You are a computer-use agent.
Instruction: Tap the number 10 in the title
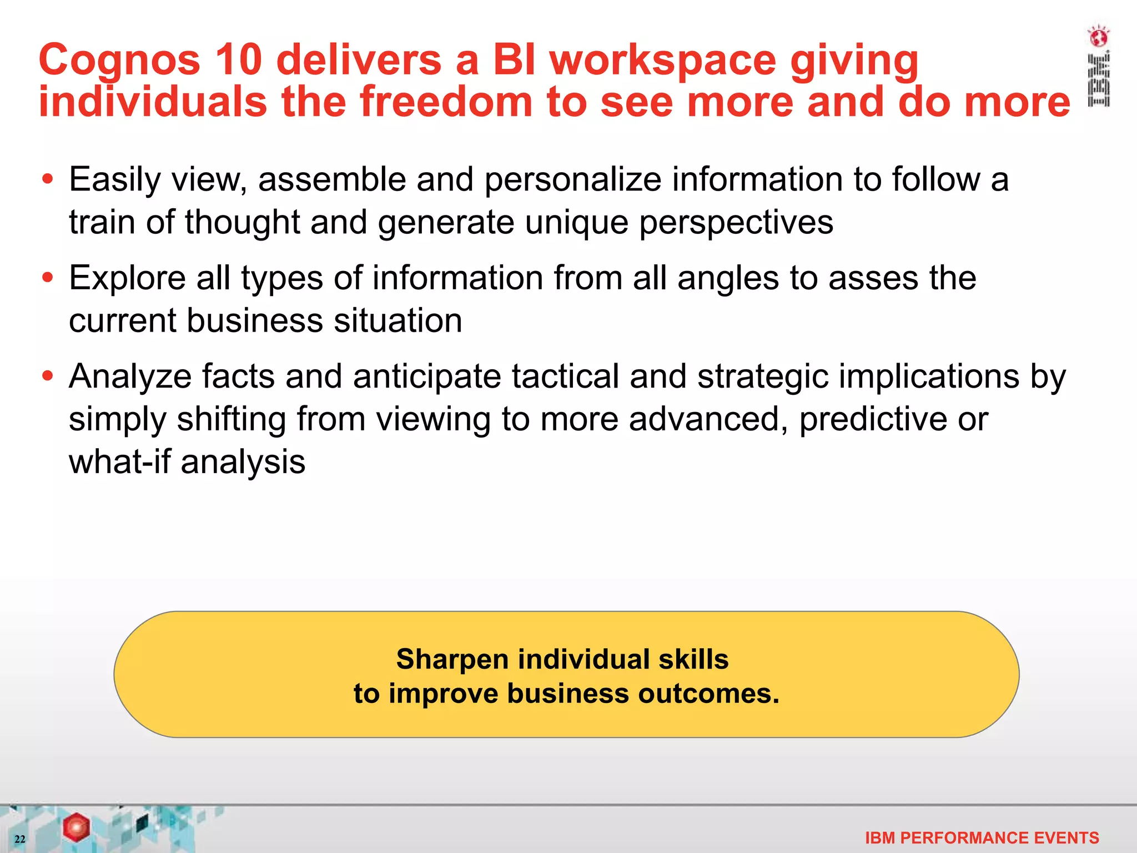pyautogui.click(x=238, y=60)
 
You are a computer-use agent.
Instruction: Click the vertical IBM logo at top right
pyautogui.click(x=1098, y=80)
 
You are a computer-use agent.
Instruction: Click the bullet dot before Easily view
pyautogui.click(x=48, y=179)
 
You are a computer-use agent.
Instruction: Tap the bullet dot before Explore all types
pyautogui.click(x=48, y=278)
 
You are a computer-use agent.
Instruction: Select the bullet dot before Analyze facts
pyautogui.click(x=48, y=376)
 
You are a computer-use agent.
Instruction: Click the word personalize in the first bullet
pyautogui.click(x=572, y=180)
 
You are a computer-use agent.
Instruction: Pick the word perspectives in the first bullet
pyautogui.click(x=736, y=223)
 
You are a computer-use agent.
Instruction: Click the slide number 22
pyautogui.click(x=20, y=839)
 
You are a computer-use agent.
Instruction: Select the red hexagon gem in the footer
pyautogui.click(x=76, y=827)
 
